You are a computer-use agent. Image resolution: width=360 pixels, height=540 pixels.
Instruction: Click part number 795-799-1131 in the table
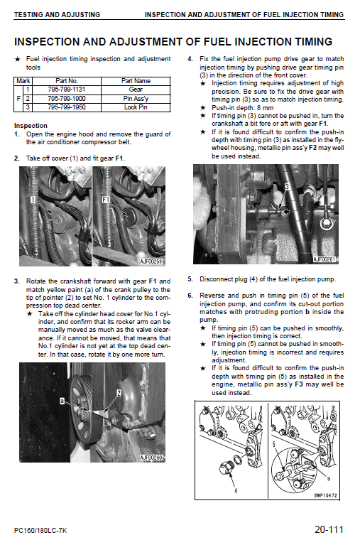click(67, 90)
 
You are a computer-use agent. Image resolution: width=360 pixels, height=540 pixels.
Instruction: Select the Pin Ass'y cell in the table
click(136, 99)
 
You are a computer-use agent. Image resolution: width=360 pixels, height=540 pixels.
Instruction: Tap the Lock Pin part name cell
click(136, 107)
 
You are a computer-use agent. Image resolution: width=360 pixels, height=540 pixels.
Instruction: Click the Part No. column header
click(67, 81)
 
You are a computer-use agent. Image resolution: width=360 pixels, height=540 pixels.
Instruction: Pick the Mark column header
click(23, 81)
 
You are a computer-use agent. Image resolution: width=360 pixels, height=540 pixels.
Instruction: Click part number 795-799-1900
click(67, 99)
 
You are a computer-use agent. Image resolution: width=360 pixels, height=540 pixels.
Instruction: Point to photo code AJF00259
click(151, 262)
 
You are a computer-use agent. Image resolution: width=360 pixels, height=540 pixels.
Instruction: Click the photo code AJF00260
click(151, 458)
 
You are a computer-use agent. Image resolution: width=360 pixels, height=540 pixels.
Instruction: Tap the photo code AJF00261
click(324, 259)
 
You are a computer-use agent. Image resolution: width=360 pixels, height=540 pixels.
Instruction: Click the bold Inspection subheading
click(31, 126)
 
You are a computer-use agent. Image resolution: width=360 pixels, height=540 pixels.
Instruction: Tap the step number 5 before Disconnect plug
click(190, 279)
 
